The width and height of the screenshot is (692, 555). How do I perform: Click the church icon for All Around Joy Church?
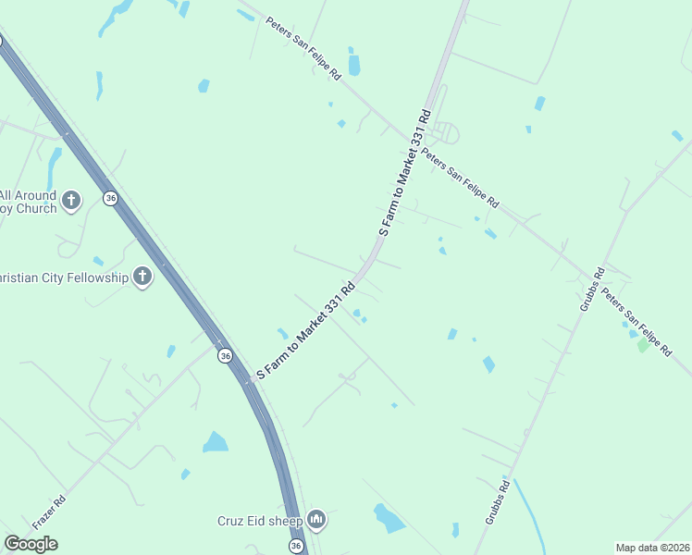pyautogui.click(x=71, y=199)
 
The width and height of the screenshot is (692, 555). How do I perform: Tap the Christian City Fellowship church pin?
pyautogui.click(x=142, y=276)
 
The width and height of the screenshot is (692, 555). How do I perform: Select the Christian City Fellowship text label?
pyautogui.click(x=63, y=277)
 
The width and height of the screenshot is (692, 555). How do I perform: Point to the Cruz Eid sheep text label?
pyautogui.click(x=260, y=522)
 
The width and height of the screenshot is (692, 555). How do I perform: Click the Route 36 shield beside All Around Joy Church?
pyautogui.click(x=111, y=199)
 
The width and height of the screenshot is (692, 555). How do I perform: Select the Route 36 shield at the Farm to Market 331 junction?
pyautogui.click(x=224, y=355)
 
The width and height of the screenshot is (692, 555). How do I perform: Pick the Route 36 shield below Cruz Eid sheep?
pyautogui.click(x=295, y=547)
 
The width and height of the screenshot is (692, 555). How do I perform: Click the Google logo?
pyautogui.click(x=31, y=544)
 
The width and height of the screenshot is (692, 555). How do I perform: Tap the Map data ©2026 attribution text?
pyautogui.click(x=652, y=548)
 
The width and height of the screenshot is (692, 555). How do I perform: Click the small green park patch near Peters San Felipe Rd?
pyautogui.click(x=642, y=345)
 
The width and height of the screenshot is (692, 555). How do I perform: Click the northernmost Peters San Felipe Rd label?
pyautogui.click(x=303, y=48)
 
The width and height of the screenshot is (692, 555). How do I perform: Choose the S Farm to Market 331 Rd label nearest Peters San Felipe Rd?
pyautogui.click(x=403, y=173)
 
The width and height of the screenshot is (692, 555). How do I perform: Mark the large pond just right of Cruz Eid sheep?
pyautogui.click(x=389, y=518)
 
